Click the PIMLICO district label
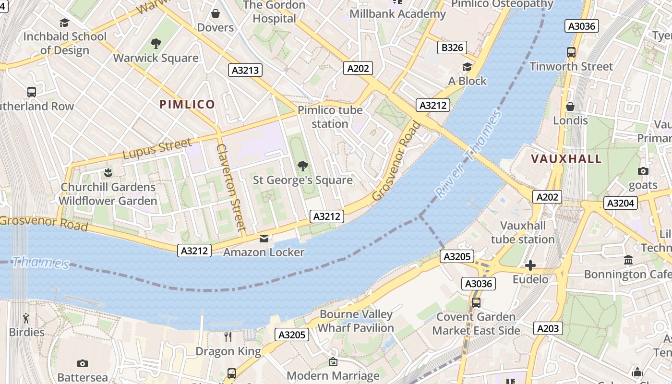(187, 104)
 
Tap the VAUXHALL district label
(566, 159)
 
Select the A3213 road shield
(245, 71)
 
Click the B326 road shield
(452, 48)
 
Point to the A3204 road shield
(621, 203)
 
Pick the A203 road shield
(548, 328)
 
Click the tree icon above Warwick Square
(156, 44)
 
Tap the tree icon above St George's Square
(302, 166)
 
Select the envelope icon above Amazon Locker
(264, 239)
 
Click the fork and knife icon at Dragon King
(228, 337)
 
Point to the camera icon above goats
(643, 171)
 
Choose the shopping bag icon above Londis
(570, 107)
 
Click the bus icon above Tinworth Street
(571, 52)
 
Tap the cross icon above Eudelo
(530, 265)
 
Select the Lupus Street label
(157, 149)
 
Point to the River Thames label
(468, 155)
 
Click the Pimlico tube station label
(330, 117)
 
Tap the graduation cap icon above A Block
(467, 67)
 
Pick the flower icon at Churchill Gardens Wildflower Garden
(108, 172)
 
